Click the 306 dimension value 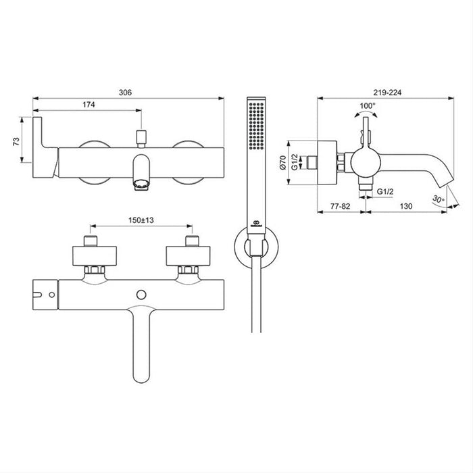point(125,93)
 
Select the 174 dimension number point(89,105)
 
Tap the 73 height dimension point(16,141)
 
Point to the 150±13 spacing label point(141,220)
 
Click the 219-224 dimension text point(387,93)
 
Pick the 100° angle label point(368,106)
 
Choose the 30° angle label point(438,199)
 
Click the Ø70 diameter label point(282,162)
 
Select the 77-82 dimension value point(341,206)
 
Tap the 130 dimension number point(406,206)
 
